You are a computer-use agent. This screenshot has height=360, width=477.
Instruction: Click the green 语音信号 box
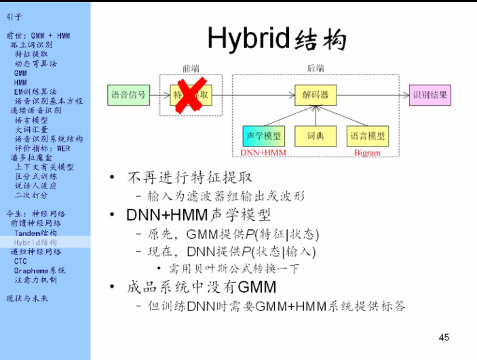point(128,95)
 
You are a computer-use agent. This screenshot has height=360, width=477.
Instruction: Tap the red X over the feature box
point(192,94)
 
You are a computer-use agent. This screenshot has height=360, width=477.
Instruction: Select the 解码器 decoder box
point(316,95)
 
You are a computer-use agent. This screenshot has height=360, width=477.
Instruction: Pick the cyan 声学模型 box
point(264,136)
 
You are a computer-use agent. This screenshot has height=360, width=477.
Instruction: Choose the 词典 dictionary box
point(316,136)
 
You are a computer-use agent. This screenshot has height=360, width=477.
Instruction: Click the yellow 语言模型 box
point(368,136)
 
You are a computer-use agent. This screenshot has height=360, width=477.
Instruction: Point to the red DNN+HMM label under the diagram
point(263,153)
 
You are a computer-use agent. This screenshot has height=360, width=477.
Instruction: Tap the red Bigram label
point(367,153)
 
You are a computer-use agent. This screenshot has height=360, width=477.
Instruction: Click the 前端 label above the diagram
point(191,68)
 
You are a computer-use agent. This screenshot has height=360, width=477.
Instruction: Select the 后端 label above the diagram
point(316,68)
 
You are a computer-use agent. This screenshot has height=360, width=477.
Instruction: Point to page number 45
point(444,337)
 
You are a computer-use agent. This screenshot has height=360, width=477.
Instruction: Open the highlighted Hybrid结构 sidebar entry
point(35,242)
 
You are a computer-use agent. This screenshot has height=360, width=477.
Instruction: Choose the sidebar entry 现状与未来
point(29,298)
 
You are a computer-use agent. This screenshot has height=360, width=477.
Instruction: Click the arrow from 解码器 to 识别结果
point(373,95)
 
